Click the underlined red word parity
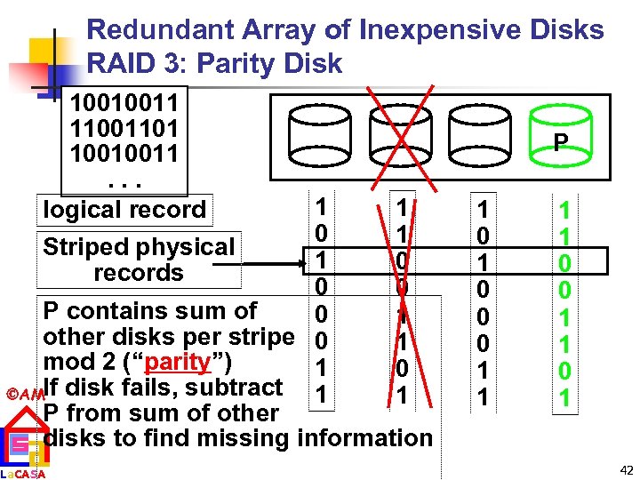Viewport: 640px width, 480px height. [x=186, y=364]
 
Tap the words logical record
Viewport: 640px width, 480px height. [x=124, y=210]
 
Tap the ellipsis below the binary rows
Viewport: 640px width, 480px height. [x=124, y=182]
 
